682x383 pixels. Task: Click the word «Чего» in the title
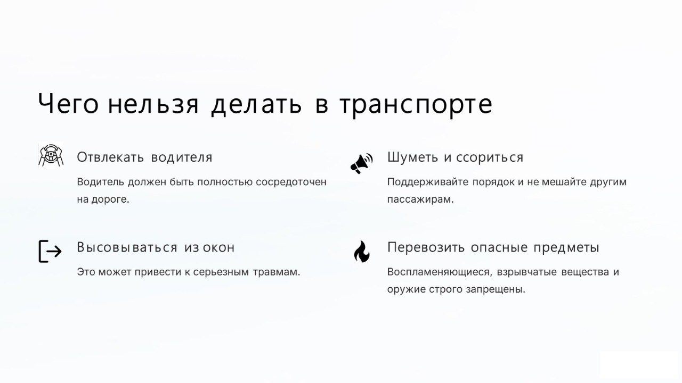point(68,103)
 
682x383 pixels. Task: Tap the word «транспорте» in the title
point(416,105)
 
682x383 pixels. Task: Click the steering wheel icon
point(51,155)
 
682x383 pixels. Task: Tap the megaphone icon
point(362,163)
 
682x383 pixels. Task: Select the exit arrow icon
point(50,251)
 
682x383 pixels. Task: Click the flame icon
point(362,252)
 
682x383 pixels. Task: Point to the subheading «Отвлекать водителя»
point(144,157)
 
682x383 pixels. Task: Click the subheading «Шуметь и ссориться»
point(455,157)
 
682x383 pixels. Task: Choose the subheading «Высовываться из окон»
point(156,247)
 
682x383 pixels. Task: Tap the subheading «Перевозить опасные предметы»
point(493,248)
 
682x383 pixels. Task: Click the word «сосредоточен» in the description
point(291,182)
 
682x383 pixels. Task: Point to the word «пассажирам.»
point(420,199)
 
